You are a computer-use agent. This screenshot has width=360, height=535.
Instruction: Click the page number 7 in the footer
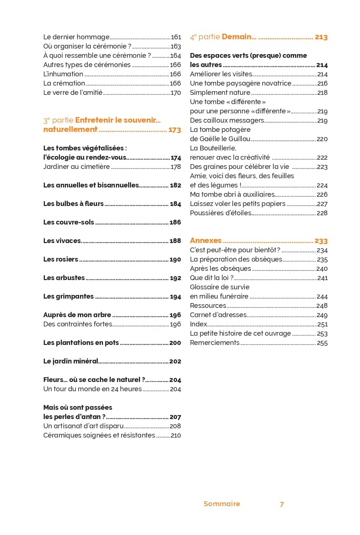282,504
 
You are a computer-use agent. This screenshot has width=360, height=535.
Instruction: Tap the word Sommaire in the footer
221,504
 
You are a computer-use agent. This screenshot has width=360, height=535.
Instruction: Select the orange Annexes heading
206,240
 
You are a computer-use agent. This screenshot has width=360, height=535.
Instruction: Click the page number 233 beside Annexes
321,241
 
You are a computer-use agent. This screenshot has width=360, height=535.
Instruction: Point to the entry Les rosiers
61,259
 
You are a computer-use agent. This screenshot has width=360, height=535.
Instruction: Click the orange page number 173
174,130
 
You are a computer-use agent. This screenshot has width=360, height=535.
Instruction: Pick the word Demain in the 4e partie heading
237,37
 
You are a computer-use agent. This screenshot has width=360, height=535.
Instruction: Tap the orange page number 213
321,37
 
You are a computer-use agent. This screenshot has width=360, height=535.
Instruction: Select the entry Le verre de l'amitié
73,93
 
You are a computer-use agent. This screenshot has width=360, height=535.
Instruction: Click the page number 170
176,93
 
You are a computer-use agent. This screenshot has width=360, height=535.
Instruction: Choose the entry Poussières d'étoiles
220,213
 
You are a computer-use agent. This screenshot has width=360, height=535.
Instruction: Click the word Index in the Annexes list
199,324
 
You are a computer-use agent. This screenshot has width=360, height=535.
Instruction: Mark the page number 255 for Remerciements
322,343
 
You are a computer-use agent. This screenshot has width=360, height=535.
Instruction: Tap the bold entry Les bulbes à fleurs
73,204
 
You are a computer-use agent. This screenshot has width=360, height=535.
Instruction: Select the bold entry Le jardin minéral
71,361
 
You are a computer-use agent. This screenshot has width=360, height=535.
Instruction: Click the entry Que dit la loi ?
211,278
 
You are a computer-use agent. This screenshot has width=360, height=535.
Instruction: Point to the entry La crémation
64,83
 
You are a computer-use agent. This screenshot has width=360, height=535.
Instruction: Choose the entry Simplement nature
220,93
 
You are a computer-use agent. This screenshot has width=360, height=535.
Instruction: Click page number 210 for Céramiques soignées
176,436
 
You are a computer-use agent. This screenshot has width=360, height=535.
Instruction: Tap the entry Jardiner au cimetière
76,167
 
